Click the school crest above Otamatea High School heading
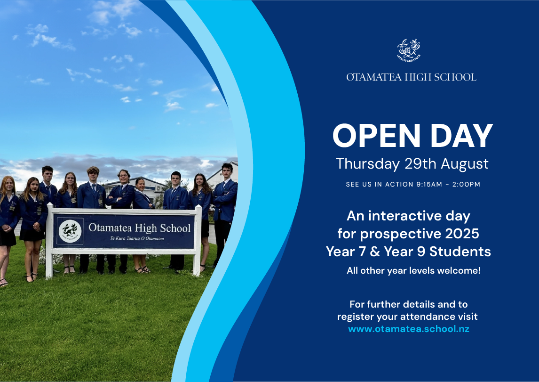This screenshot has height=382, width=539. tap(409, 50)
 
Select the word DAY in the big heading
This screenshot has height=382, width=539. tap(462, 136)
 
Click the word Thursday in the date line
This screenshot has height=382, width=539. tap(368, 164)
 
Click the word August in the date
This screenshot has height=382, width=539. tap(465, 164)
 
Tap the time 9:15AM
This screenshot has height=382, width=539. tap(429, 184)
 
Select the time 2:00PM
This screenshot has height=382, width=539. tap(466, 184)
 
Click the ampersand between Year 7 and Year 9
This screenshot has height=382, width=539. tap(375, 252)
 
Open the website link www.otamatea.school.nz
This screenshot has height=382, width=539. tap(409, 329)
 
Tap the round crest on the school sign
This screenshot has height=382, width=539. tap(70, 231)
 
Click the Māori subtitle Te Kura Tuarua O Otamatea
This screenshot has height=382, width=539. tap(137, 238)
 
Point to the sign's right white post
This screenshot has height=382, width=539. tap(198, 240)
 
